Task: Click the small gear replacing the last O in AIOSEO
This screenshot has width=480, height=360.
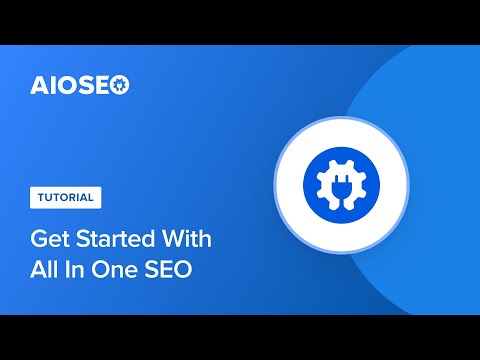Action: point(120,85)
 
